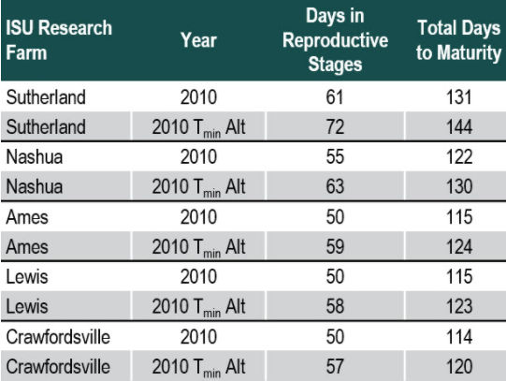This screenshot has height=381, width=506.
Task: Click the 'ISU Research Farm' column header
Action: pos(59,40)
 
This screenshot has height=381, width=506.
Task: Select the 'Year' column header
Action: pos(198,40)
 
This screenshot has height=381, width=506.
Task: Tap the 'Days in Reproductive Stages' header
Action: pos(336,40)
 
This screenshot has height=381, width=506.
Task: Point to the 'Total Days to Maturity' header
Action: pos(458,40)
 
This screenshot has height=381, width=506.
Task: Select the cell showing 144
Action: pos(458,125)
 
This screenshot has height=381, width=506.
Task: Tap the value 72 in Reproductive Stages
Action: pos(336,125)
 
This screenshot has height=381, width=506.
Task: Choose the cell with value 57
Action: pos(336,366)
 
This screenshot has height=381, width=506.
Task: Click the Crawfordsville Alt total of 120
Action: pos(458,366)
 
